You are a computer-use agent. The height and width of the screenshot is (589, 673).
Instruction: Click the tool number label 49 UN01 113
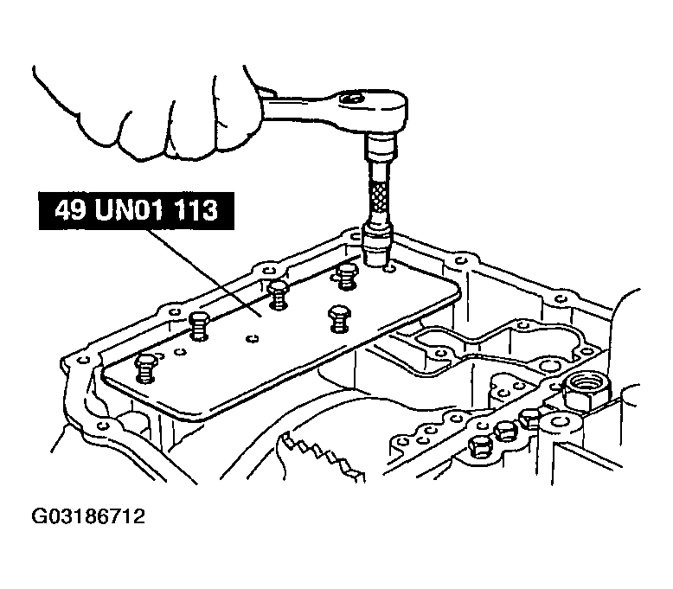point(137,211)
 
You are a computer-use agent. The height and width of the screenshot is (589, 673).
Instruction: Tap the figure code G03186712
point(88,516)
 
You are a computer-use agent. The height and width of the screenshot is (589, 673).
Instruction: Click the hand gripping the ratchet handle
point(151,112)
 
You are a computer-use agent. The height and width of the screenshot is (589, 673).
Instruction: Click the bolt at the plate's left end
point(146,368)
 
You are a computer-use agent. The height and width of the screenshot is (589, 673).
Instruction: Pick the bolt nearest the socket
point(346,277)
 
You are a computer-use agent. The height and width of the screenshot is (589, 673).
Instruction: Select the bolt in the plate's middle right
point(339,319)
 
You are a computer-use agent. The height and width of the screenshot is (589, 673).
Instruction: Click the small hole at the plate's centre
point(252,339)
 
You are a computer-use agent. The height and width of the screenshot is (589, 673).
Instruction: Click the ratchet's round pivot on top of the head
point(350,99)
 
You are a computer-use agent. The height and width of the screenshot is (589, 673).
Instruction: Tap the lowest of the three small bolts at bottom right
point(479,447)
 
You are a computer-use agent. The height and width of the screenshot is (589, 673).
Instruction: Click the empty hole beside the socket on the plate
point(389,269)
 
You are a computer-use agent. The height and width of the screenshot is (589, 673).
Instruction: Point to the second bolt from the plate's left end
point(199,326)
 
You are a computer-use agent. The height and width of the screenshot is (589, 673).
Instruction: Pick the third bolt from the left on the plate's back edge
point(346,277)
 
